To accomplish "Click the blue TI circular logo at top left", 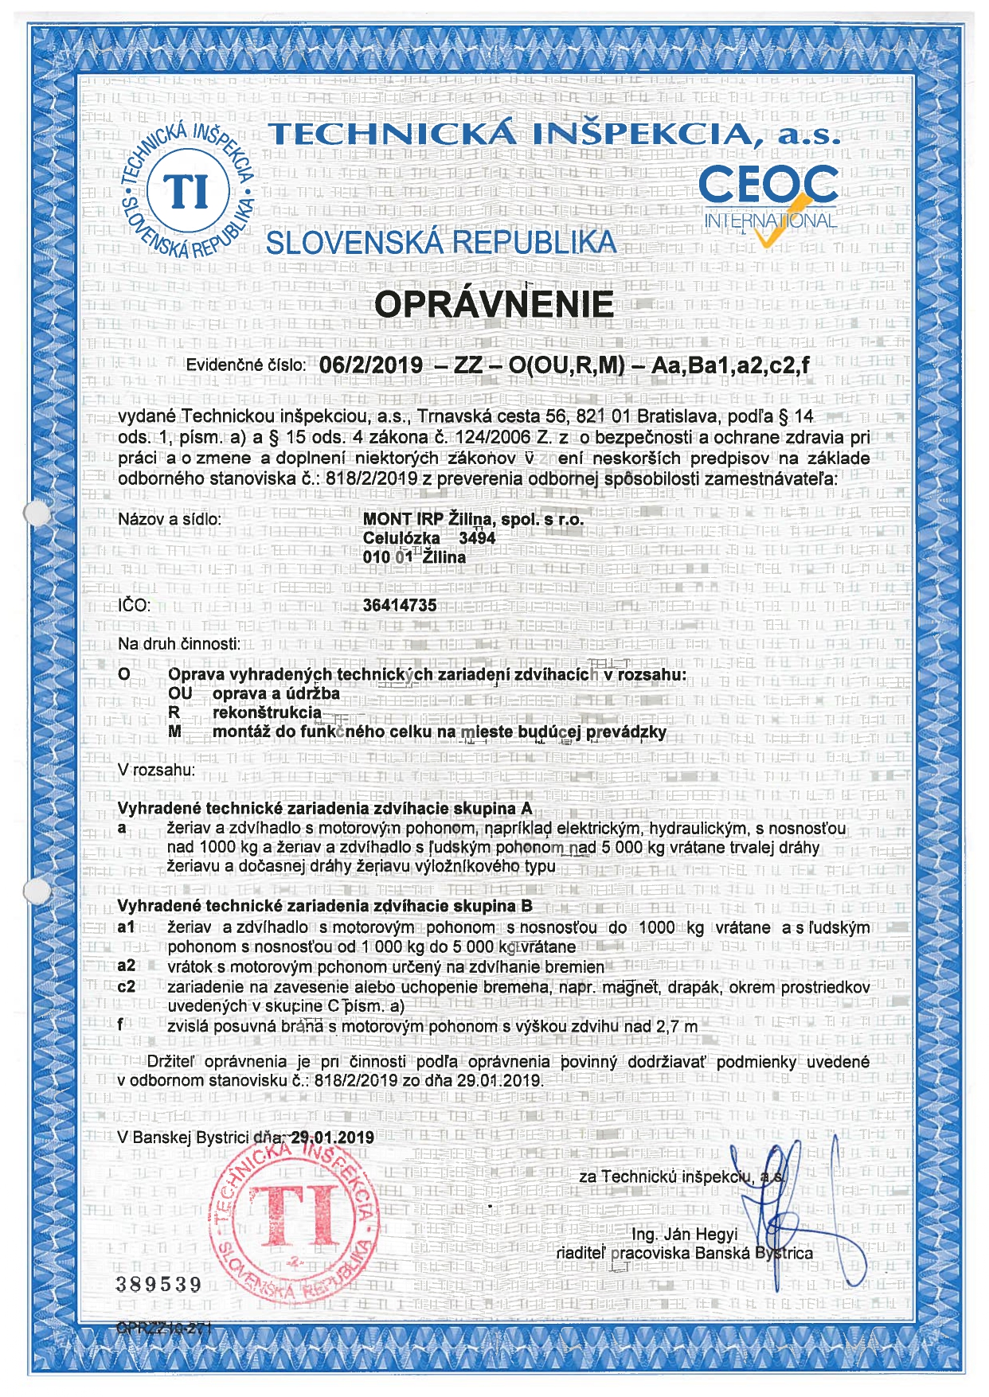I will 189,192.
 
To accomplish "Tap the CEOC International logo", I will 768,199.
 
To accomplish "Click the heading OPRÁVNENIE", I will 494,304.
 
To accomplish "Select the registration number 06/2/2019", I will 371,365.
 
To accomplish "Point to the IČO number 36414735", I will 400,605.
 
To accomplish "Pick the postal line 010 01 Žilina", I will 414,557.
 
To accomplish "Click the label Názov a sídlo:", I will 170,520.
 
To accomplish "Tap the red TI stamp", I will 293,1219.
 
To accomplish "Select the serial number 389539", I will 159,1284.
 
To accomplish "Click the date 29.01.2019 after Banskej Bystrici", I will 333,1138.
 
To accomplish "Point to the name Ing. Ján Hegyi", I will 685,1234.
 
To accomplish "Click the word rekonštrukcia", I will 268,712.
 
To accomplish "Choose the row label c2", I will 127,987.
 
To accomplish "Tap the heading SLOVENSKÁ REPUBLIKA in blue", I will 441,243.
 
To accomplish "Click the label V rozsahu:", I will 156,771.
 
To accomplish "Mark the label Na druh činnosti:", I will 179,644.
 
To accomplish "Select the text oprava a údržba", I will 276,693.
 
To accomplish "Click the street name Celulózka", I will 401,538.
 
